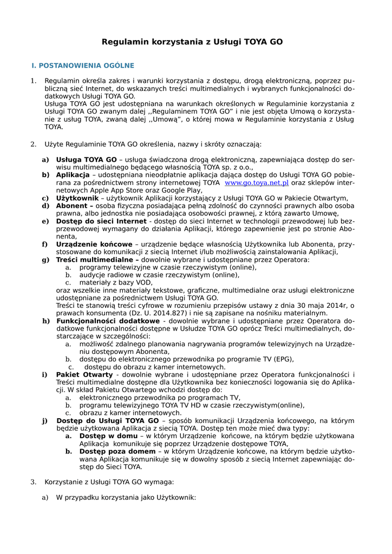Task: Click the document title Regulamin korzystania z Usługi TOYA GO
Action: pos(192,42)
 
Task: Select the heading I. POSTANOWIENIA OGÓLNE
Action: pos(83,65)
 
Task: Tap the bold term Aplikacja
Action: pos(73,175)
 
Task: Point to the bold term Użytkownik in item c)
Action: pos(76,199)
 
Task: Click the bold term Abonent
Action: pos(75,206)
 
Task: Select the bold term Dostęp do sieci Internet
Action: pos(101,221)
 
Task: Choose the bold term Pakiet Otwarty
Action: pos(84,374)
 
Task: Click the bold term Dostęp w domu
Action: pos(108,436)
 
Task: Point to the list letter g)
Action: pos(45,260)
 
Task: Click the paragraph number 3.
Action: pos(33,482)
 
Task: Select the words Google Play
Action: pos(182,190)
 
